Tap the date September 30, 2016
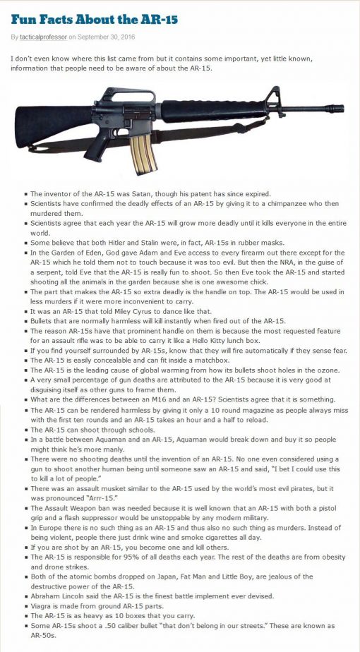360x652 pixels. click(109, 36)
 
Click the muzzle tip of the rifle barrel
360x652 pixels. click(343, 109)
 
